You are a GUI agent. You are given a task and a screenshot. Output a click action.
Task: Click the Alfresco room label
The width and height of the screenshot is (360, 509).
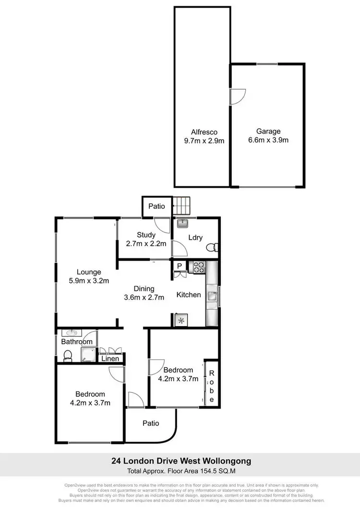click(204, 132)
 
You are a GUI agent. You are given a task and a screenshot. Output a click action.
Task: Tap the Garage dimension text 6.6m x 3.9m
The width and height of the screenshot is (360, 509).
click(268, 140)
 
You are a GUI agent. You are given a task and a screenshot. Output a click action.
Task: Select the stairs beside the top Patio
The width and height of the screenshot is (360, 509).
click(182, 206)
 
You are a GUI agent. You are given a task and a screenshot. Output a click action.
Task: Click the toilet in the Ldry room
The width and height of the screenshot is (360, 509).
click(212, 248)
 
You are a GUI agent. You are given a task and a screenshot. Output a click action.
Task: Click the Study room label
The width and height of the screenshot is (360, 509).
click(146, 235)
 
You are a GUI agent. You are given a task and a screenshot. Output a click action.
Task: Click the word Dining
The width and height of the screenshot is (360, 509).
click(144, 289)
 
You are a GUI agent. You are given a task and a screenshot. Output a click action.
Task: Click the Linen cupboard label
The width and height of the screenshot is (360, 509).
click(110, 358)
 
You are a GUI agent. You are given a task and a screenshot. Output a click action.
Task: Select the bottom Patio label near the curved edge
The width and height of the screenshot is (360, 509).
click(151, 423)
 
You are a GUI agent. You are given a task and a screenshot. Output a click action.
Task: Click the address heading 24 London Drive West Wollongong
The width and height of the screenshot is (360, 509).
click(180, 462)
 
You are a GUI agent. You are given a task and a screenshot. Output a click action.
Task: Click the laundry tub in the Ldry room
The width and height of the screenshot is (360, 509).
click(182, 223)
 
